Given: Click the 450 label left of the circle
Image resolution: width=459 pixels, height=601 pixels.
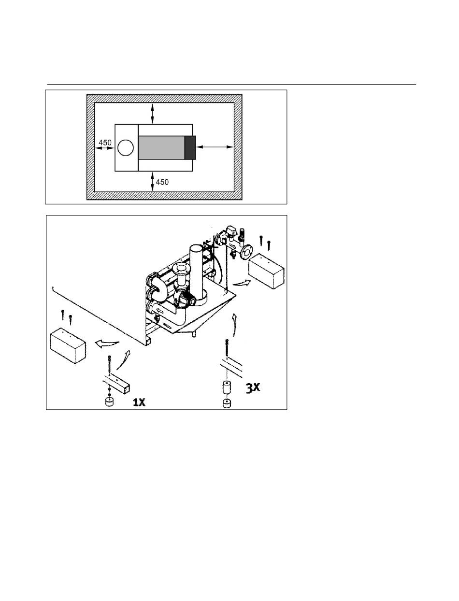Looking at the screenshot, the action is click(x=105, y=143).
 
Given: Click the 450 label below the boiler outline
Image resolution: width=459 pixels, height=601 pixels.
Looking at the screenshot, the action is click(x=162, y=182).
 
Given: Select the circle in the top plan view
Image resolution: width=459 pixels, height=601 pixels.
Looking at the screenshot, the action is click(x=126, y=148).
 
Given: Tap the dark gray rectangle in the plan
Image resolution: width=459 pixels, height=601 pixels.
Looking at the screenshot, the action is click(x=190, y=148).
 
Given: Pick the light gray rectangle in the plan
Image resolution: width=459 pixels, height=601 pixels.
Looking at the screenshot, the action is click(x=161, y=148).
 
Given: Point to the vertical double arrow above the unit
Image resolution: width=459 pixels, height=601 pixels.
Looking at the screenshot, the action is click(x=153, y=114).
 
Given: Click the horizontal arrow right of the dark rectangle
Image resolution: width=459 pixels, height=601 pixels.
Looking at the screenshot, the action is click(x=215, y=147).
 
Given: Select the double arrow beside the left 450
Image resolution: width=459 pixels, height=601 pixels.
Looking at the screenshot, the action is click(x=104, y=148).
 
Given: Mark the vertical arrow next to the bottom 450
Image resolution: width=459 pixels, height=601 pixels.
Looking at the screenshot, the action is click(x=153, y=181).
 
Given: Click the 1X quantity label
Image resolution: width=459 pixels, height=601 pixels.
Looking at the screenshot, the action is click(x=139, y=402).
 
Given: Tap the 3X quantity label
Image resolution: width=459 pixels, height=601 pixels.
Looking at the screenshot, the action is click(x=253, y=388).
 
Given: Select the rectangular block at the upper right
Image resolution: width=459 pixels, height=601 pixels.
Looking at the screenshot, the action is click(x=266, y=271).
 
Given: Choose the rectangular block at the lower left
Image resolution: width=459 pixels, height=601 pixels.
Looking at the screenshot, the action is click(x=68, y=346).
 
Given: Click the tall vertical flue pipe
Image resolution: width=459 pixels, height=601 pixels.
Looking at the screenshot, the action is click(x=197, y=271).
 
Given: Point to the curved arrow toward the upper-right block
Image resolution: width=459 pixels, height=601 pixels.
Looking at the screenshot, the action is click(x=242, y=284).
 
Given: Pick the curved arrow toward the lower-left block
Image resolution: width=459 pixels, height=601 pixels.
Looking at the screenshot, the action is click(x=107, y=344).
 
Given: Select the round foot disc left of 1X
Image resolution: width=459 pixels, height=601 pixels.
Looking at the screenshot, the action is click(x=110, y=402).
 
